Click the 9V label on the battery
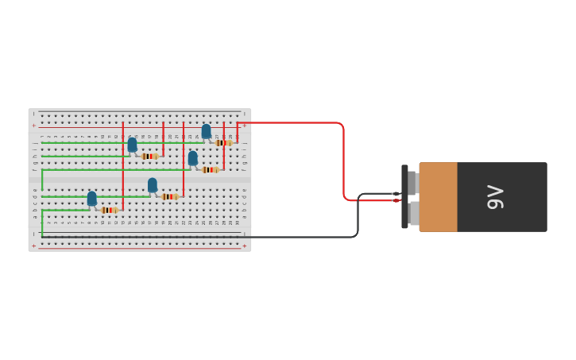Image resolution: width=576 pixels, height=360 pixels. click(x=496, y=197)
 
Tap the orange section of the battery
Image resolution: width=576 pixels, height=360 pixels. click(x=438, y=197)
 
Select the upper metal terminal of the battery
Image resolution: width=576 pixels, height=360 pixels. click(x=412, y=182)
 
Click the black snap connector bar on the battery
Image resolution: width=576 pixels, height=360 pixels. click(x=404, y=197)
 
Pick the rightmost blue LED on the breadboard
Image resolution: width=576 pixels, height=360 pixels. click(x=207, y=131)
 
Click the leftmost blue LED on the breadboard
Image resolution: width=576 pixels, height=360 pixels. click(x=92, y=198)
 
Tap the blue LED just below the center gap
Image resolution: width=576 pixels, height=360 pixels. click(x=153, y=185)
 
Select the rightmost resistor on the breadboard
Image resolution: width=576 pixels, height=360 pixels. click(x=223, y=143)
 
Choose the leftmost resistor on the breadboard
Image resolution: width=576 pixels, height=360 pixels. click(x=110, y=210)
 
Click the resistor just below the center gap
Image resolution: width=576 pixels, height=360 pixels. click(x=169, y=196)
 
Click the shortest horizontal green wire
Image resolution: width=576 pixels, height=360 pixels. click(x=66, y=210)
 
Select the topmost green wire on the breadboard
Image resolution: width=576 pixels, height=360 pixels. click(x=119, y=143)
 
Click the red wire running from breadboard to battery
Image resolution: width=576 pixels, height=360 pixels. click(x=343, y=159)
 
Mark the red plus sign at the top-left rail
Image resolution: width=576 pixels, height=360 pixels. click(x=33, y=126)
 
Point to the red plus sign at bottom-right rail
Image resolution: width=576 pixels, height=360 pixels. click(x=244, y=246)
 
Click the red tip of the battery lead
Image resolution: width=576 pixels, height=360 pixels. click(x=396, y=200)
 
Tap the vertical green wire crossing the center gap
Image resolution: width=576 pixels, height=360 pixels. click(x=42, y=181)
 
